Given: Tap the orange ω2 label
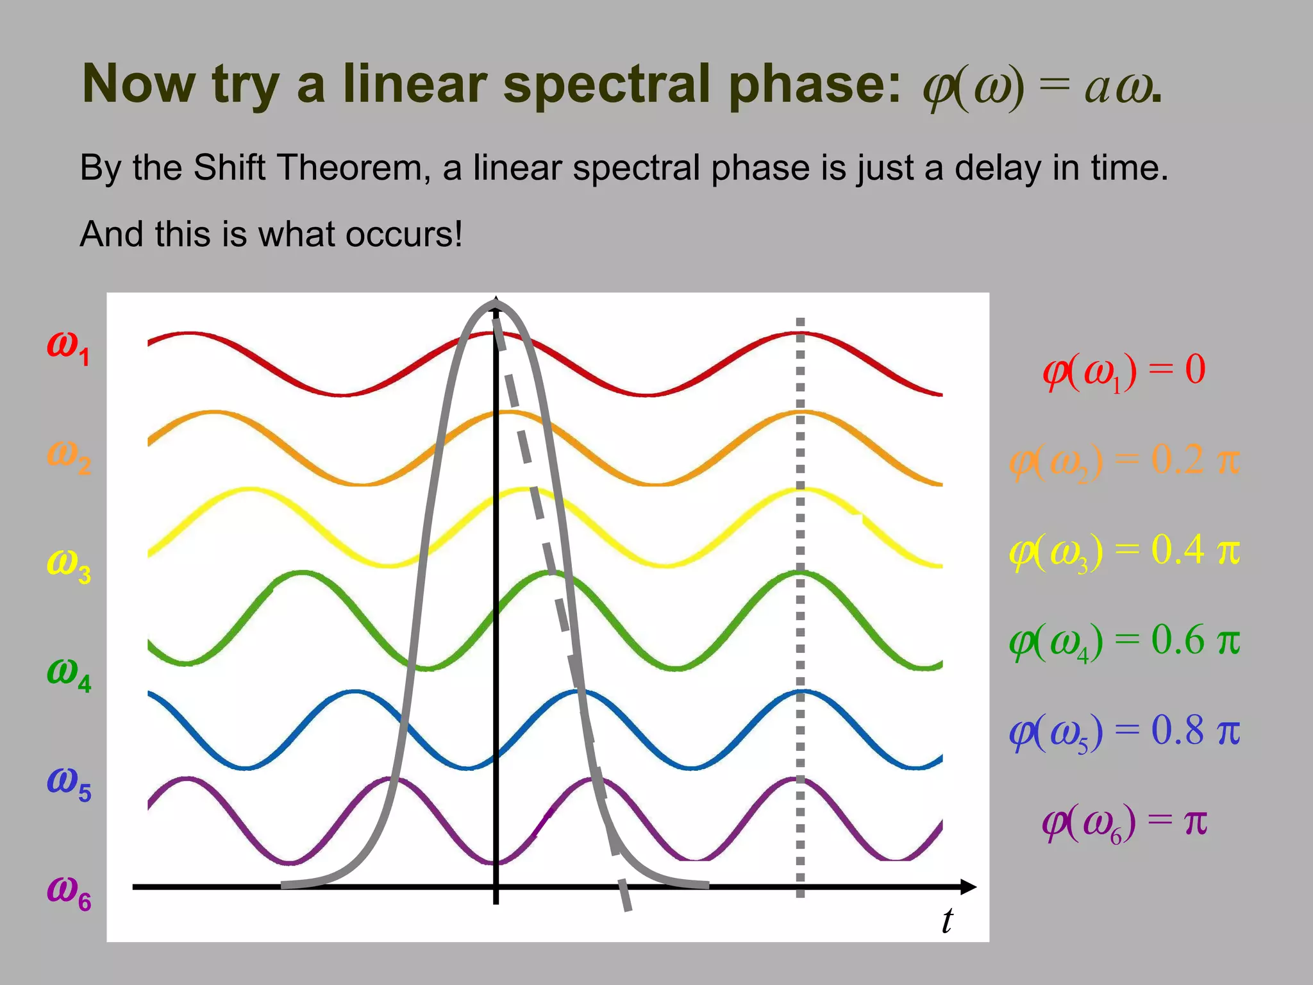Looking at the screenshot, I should click(x=69, y=457).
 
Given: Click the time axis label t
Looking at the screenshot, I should click(x=947, y=921).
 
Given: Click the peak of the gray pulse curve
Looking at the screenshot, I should click(x=496, y=304).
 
